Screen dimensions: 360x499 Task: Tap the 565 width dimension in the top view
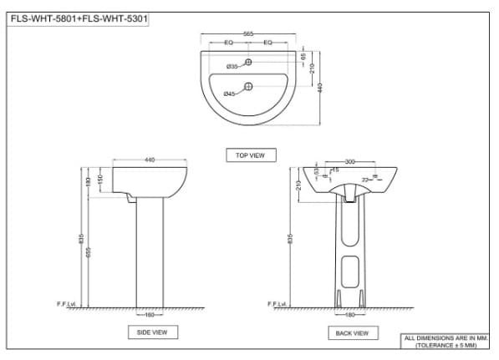pyautogui.click(x=248, y=33)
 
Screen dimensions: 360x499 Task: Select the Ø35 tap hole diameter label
pyautogui.click(x=232, y=65)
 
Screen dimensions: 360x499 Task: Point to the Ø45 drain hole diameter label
pyautogui.click(x=229, y=94)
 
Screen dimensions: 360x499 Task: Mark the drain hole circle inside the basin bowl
pyautogui.click(x=248, y=87)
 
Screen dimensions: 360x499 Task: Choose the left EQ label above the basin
pyautogui.click(x=228, y=42)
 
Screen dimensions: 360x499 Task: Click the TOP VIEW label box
pyautogui.click(x=250, y=155)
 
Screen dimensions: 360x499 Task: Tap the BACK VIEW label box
pyautogui.click(x=349, y=333)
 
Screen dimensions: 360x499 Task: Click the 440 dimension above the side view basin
pyautogui.click(x=150, y=160)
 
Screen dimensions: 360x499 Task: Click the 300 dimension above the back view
pyautogui.click(x=349, y=160)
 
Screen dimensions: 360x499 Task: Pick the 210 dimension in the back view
pyautogui.click(x=298, y=185)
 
